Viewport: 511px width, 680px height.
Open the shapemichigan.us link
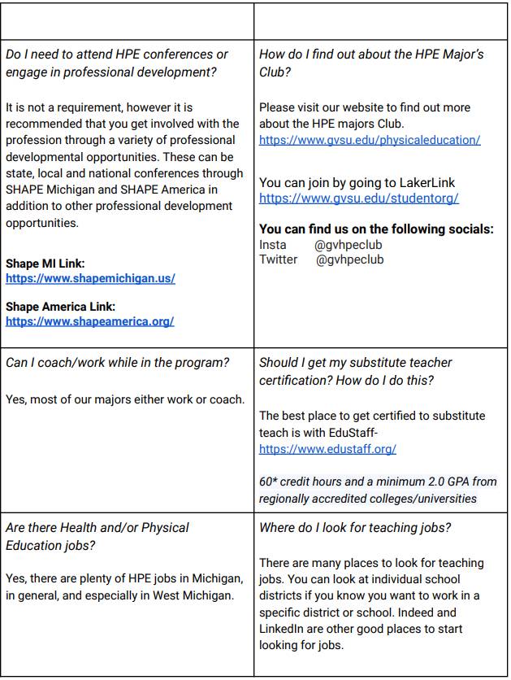(90, 278)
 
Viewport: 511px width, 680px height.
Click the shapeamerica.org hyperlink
(89, 321)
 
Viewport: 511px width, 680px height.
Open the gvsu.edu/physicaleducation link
(370, 140)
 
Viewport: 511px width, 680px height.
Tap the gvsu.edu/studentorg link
(359, 198)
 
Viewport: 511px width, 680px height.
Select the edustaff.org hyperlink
(327, 448)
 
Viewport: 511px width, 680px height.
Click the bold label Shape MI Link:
(45, 264)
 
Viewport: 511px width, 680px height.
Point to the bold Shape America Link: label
(60, 307)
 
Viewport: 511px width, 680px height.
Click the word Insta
(273, 245)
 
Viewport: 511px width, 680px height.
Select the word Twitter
(278, 259)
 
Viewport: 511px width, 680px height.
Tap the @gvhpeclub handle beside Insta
(348, 245)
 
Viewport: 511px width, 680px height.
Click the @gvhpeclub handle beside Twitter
(349, 259)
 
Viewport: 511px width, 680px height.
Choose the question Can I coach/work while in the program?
(117, 362)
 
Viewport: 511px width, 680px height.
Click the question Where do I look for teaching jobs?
(355, 528)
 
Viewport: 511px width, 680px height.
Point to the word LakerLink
(425, 183)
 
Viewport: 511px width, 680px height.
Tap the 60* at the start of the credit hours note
(268, 482)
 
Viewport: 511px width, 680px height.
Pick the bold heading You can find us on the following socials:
(376, 229)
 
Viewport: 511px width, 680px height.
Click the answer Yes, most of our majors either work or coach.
(124, 399)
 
